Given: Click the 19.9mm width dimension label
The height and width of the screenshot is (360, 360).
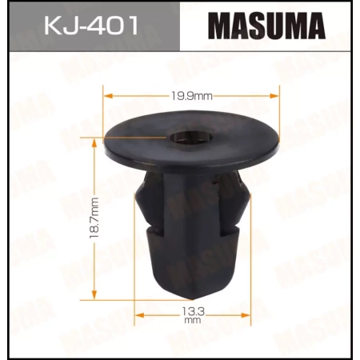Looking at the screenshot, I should [x=193, y=96].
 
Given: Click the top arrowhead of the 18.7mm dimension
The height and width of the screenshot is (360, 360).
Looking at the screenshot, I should [x=94, y=141].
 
